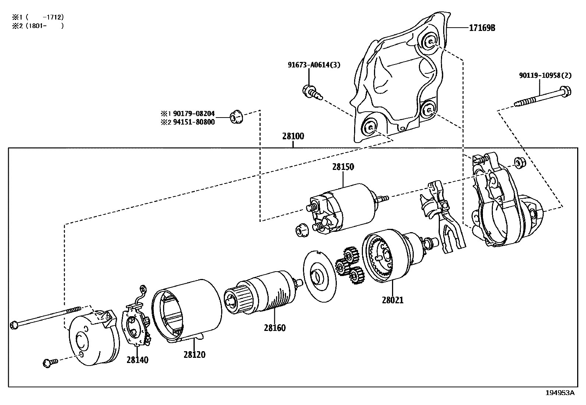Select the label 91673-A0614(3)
pyautogui.click(x=314, y=65)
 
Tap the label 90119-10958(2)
pyautogui.click(x=545, y=76)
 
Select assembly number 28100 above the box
pyautogui.click(x=293, y=136)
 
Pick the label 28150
pyautogui.click(x=343, y=167)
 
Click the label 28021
pyautogui.click(x=392, y=300)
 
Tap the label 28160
pyautogui.click(x=274, y=328)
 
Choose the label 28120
pyautogui.click(x=194, y=355)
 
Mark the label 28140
pyautogui.click(x=137, y=360)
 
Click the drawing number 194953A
pyautogui.click(x=559, y=393)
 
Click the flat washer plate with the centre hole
pyautogui.click(x=320, y=276)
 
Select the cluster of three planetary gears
pyautogui.click(x=349, y=265)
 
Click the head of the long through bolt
pyautogui.click(x=14, y=325)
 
